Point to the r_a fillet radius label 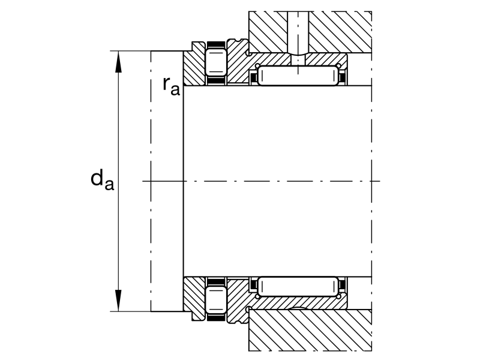click(172, 86)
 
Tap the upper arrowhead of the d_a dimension click(118, 62)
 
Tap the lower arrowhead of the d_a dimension click(118, 301)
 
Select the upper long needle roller click(298, 76)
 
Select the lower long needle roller click(298, 286)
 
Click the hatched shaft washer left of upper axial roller click(194, 67)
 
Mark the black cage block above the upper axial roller click(216, 45)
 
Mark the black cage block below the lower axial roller click(216, 317)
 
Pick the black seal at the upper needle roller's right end click(343, 77)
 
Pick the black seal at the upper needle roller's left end click(253, 77)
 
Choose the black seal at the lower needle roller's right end click(343, 285)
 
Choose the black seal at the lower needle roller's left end click(253, 285)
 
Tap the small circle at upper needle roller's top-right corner click(339, 66)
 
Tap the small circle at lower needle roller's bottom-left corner click(257, 296)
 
